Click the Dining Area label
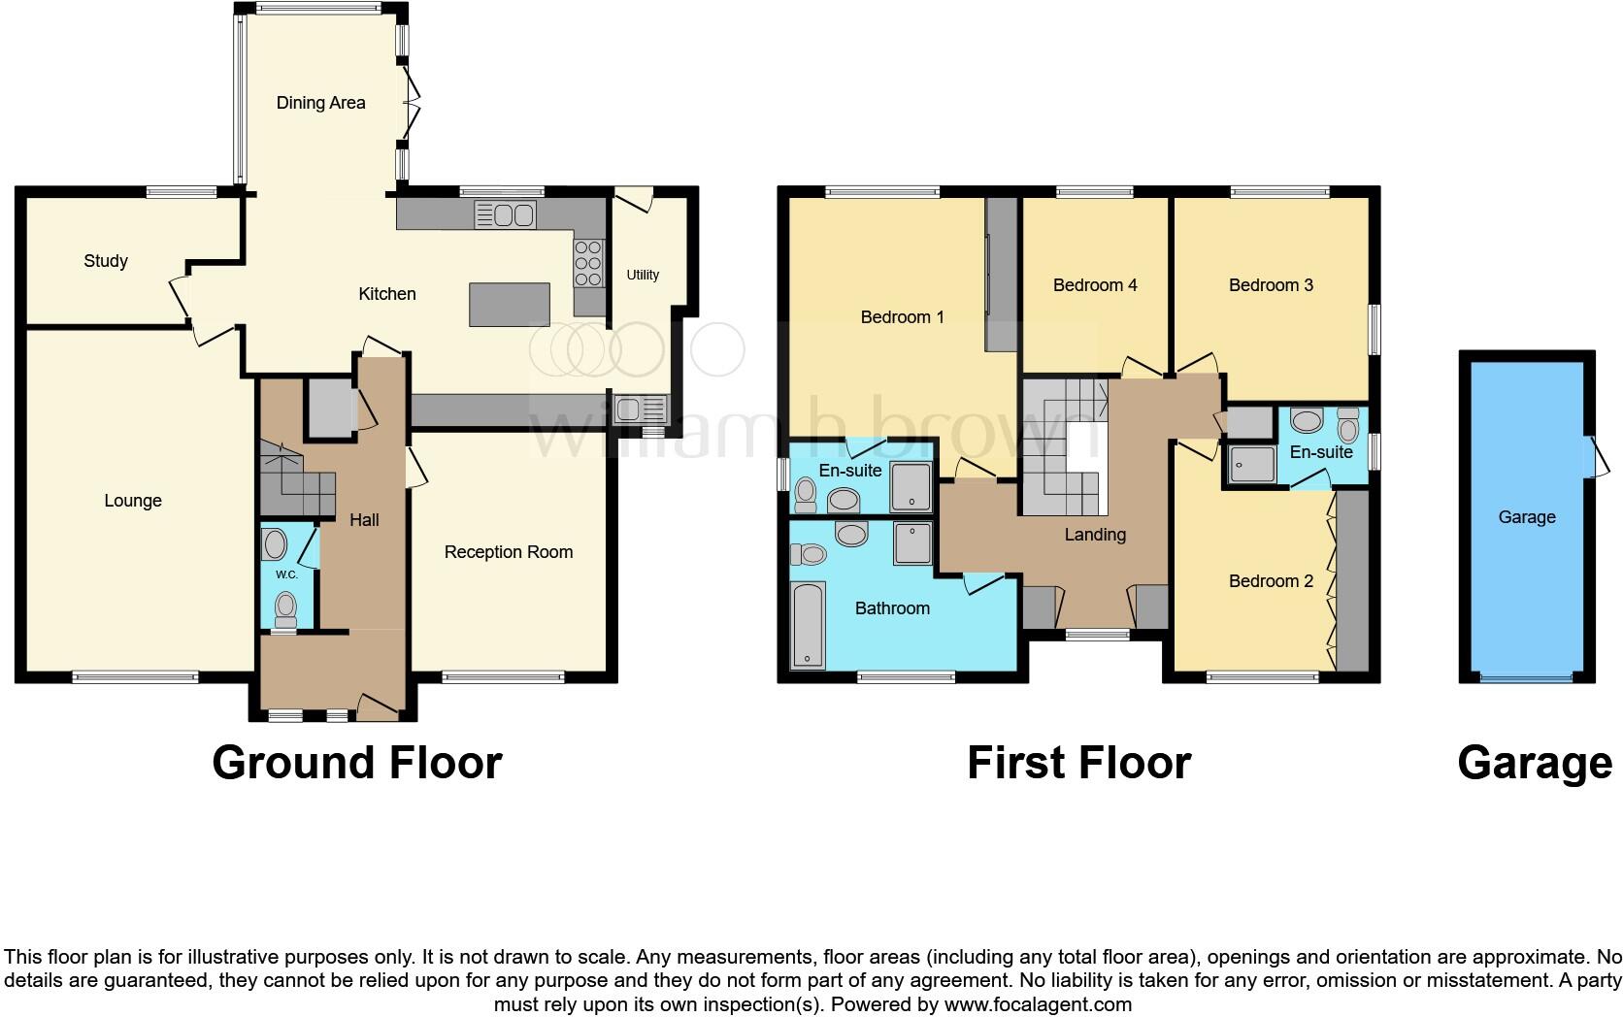point(320,103)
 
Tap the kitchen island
point(509,304)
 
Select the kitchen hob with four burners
point(588,263)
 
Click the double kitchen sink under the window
point(505,214)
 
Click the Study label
point(106,261)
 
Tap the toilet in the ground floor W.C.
point(285,607)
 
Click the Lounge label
point(133,501)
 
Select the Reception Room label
point(509,552)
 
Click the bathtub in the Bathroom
point(808,625)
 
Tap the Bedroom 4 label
point(1095,285)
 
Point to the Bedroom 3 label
point(1271,285)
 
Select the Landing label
point(1095,535)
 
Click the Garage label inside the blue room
point(1526,517)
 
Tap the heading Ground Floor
point(356,763)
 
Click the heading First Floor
point(1078,763)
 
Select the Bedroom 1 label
point(902,317)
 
